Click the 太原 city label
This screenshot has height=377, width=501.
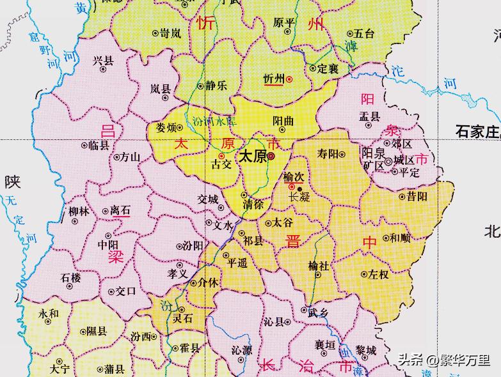(251, 156)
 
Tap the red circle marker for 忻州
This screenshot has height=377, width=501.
(289, 79)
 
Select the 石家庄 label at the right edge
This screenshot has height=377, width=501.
(477, 132)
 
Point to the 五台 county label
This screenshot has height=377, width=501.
(364, 33)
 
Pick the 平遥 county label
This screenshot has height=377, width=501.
(237, 263)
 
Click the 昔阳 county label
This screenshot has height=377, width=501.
(417, 197)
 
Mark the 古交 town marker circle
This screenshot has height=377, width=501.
(221, 156)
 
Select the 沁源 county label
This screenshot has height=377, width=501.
(242, 350)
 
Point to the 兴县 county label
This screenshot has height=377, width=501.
(102, 61)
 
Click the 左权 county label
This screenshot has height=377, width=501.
(378, 274)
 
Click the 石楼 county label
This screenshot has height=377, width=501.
(70, 277)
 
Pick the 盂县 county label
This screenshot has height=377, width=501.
(369, 117)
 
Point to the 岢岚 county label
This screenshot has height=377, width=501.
(171, 33)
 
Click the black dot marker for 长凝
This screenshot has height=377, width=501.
(299, 188)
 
